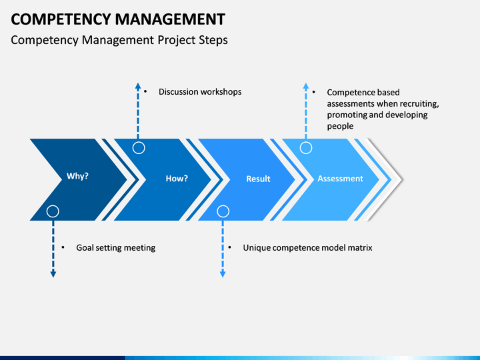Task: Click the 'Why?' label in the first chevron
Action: (x=77, y=176)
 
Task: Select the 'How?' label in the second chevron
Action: (x=177, y=179)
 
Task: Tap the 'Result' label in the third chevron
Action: (x=258, y=179)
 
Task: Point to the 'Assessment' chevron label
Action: (x=340, y=179)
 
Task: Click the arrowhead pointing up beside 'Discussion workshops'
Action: (x=138, y=86)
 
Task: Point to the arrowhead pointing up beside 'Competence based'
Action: (x=306, y=86)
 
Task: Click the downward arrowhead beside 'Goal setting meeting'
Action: (x=53, y=274)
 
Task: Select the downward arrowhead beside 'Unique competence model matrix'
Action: (x=223, y=274)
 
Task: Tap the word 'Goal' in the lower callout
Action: (x=83, y=247)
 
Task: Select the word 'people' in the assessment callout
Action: (x=340, y=127)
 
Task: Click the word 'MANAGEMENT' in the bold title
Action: (x=170, y=19)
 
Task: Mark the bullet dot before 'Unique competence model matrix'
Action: (x=229, y=247)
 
